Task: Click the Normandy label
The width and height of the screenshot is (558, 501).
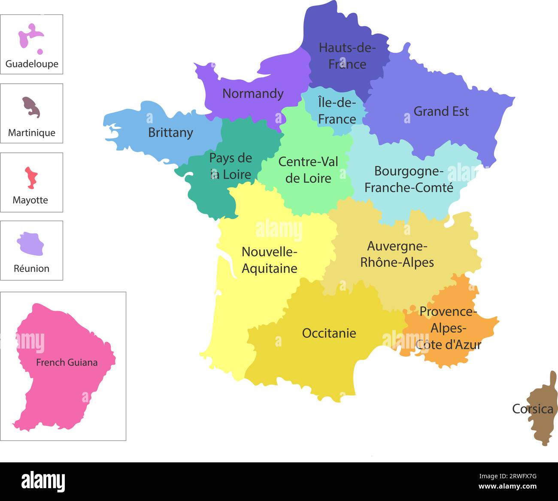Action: click(x=253, y=94)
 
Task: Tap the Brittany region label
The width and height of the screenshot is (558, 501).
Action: click(x=170, y=133)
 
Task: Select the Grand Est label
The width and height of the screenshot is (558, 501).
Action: click(x=441, y=112)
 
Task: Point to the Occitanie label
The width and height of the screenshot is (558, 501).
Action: click(x=329, y=333)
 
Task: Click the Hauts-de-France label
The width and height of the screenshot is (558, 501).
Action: click(x=347, y=56)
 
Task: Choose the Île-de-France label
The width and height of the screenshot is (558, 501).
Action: click(x=337, y=111)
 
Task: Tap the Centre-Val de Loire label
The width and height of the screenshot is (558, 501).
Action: click(x=308, y=170)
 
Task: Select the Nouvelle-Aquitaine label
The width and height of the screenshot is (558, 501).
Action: click(x=270, y=260)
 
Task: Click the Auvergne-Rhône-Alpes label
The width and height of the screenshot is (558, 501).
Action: click(x=397, y=254)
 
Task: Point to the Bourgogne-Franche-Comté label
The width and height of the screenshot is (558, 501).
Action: click(x=409, y=179)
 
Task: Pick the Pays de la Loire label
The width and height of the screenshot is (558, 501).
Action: click(x=230, y=166)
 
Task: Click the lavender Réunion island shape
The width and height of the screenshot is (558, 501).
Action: click(x=30, y=243)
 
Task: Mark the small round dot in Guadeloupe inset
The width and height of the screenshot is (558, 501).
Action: click(x=40, y=52)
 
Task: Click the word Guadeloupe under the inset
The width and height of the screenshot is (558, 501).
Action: click(x=32, y=64)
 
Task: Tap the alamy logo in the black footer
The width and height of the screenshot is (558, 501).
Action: click(x=43, y=482)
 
